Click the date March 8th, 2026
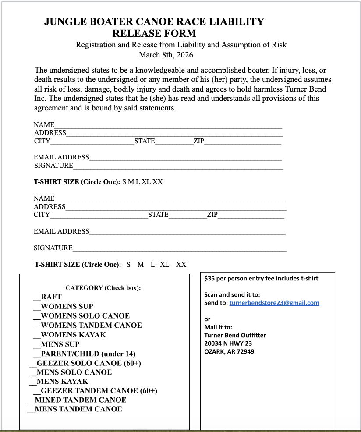[x=166, y=55]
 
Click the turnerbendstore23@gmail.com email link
[x=274, y=303]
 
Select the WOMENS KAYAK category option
[x=73, y=335]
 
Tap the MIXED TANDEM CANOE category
[x=80, y=400]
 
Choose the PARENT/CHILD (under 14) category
[x=88, y=354]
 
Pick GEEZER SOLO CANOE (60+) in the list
[x=88, y=363]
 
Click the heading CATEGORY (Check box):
[x=103, y=288]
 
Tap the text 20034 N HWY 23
[x=228, y=343]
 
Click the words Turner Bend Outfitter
[x=235, y=335]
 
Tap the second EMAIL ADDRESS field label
[x=61, y=231]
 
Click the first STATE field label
[x=145, y=141]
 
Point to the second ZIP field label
[x=212, y=215]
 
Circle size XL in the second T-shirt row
[x=165, y=265]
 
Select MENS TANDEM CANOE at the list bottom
[x=78, y=409]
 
